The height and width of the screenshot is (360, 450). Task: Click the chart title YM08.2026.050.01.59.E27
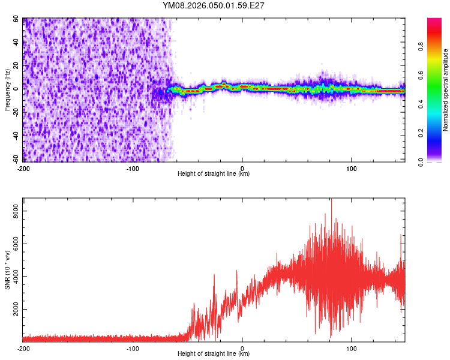pyautogui.click(x=214, y=6)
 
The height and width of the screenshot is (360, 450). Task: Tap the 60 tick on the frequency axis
pyautogui.click(x=16, y=19)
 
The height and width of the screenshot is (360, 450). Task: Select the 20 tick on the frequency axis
pyautogui.click(x=16, y=65)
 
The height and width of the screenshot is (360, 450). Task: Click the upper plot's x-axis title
pyautogui.click(x=214, y=174)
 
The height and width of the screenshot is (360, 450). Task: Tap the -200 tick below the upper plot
pyautogui.click(x=23, y=168)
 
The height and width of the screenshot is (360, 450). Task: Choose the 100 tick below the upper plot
pyautogui.click(x=352, y=168)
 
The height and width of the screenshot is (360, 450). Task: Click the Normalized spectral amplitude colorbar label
pyautogui.click(x=446, y=91)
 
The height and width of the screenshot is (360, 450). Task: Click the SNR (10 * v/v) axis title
pyautogui.click(x=7, y=272)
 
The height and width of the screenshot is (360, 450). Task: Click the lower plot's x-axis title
pyautogui.click(x=214, y=354)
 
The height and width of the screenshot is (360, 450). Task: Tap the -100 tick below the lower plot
pyautogui.click(x=133, y=348)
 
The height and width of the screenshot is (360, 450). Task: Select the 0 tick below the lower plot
pyautogui.click(x=242, y=348)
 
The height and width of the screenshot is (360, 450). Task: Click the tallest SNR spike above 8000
pyautogui.click(x=331, y=200)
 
